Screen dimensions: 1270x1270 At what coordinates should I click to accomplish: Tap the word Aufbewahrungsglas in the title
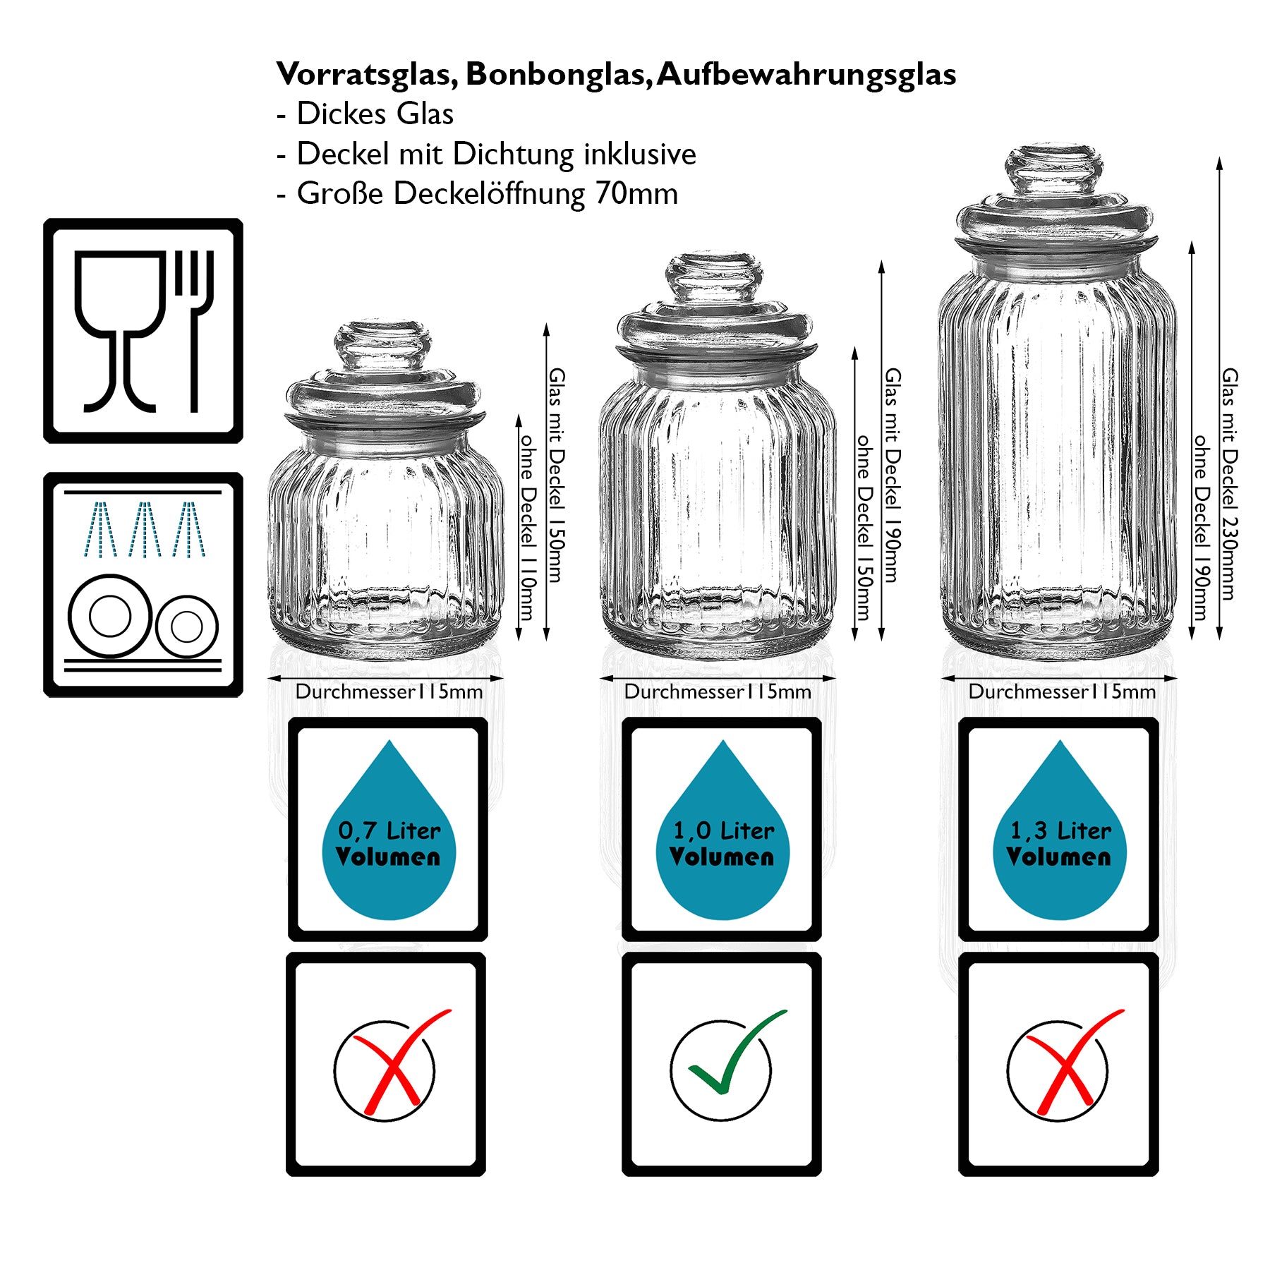click(x=806, y=75)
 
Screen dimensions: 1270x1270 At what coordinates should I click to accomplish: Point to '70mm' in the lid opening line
click(x=636, y=194)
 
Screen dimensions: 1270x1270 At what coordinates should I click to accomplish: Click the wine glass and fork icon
click(x=143, y=330)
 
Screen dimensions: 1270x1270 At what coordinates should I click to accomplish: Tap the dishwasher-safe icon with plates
click(x=143, y=584)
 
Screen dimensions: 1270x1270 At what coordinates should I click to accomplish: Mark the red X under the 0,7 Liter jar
click(x=395, y=1062)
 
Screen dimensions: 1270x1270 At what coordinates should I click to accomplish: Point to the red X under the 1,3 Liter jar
click(x=1067, y=1062)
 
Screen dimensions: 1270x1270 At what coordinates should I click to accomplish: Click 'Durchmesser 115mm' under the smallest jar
click(x=389, y=692)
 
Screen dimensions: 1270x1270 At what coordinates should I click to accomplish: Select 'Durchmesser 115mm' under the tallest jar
click(x=1061, y=692)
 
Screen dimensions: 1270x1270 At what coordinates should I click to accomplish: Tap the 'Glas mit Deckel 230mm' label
click(x=1230, y=484)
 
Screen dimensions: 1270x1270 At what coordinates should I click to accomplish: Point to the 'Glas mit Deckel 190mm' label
click(x=893, y=475)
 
